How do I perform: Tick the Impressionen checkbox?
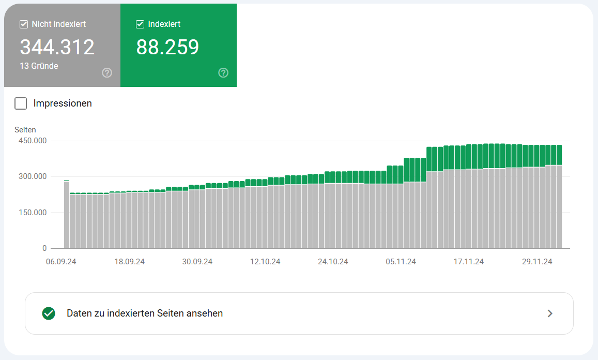(21, 103)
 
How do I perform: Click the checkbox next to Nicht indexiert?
(23, 24)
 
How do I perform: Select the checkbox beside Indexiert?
(140, 24)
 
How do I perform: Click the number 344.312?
(57, 47)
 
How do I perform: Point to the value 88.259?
(167, 47)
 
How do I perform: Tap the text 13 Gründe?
(39, 66)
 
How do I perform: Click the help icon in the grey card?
(107, 72)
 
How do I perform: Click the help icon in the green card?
(223, 72)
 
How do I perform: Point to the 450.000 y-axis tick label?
(32, 141)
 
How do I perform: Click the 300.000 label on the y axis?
(32, 176)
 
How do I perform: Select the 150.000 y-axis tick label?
(32, 212)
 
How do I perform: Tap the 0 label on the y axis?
(44, 248)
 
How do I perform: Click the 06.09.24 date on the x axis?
(61, 262)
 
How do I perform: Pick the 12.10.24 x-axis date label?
(265, 262)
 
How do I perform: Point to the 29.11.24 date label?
(537, 262)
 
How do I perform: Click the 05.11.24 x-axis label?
(401, 262)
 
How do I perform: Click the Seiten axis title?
(25, 130)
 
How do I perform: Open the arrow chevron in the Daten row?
(550, 313)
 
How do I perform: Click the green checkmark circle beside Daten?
(49, 313)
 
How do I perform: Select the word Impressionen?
(63, 103)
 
